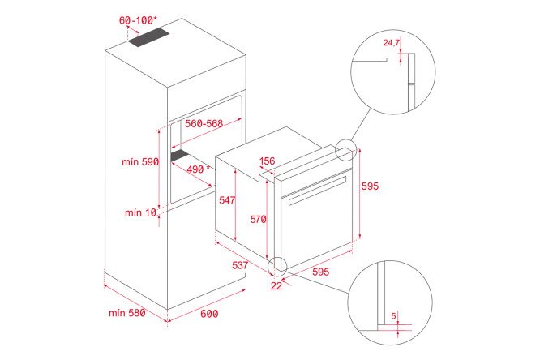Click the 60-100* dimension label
138,20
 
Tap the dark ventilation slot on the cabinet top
149,37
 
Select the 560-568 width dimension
204,123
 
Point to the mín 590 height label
140,161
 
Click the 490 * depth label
199,169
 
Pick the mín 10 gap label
140,212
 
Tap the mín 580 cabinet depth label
126,313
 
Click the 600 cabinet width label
209,314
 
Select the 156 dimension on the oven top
268,161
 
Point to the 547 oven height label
227,199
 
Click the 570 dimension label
259,219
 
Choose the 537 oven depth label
240,265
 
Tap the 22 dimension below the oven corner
276,285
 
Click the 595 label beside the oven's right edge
370,186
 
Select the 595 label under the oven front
320,272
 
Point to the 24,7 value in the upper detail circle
392,43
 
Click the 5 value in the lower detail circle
393,315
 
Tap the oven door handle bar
317,191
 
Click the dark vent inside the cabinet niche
180,155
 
